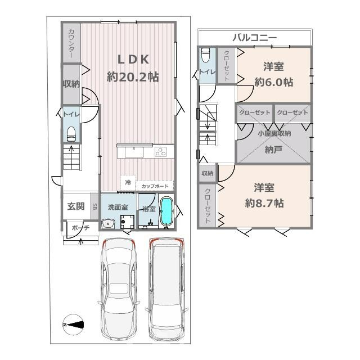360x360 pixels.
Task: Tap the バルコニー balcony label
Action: pyautogui.click(x=255, y=38)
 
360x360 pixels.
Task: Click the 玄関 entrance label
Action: pyautogui.click(x=76, y=206)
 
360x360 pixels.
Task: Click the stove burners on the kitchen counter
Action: pyautogui.click(x=160, y=151)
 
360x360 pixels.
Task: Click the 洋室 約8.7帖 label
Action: pyautogui.click(x=264, y=195)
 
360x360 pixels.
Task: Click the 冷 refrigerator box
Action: pyautogui.click(x=128, y=182)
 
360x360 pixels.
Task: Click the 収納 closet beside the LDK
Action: pyautogui.click(x=71, y=83)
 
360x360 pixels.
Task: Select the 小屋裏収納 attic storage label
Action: pyautogui.click(x=274, y=133)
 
